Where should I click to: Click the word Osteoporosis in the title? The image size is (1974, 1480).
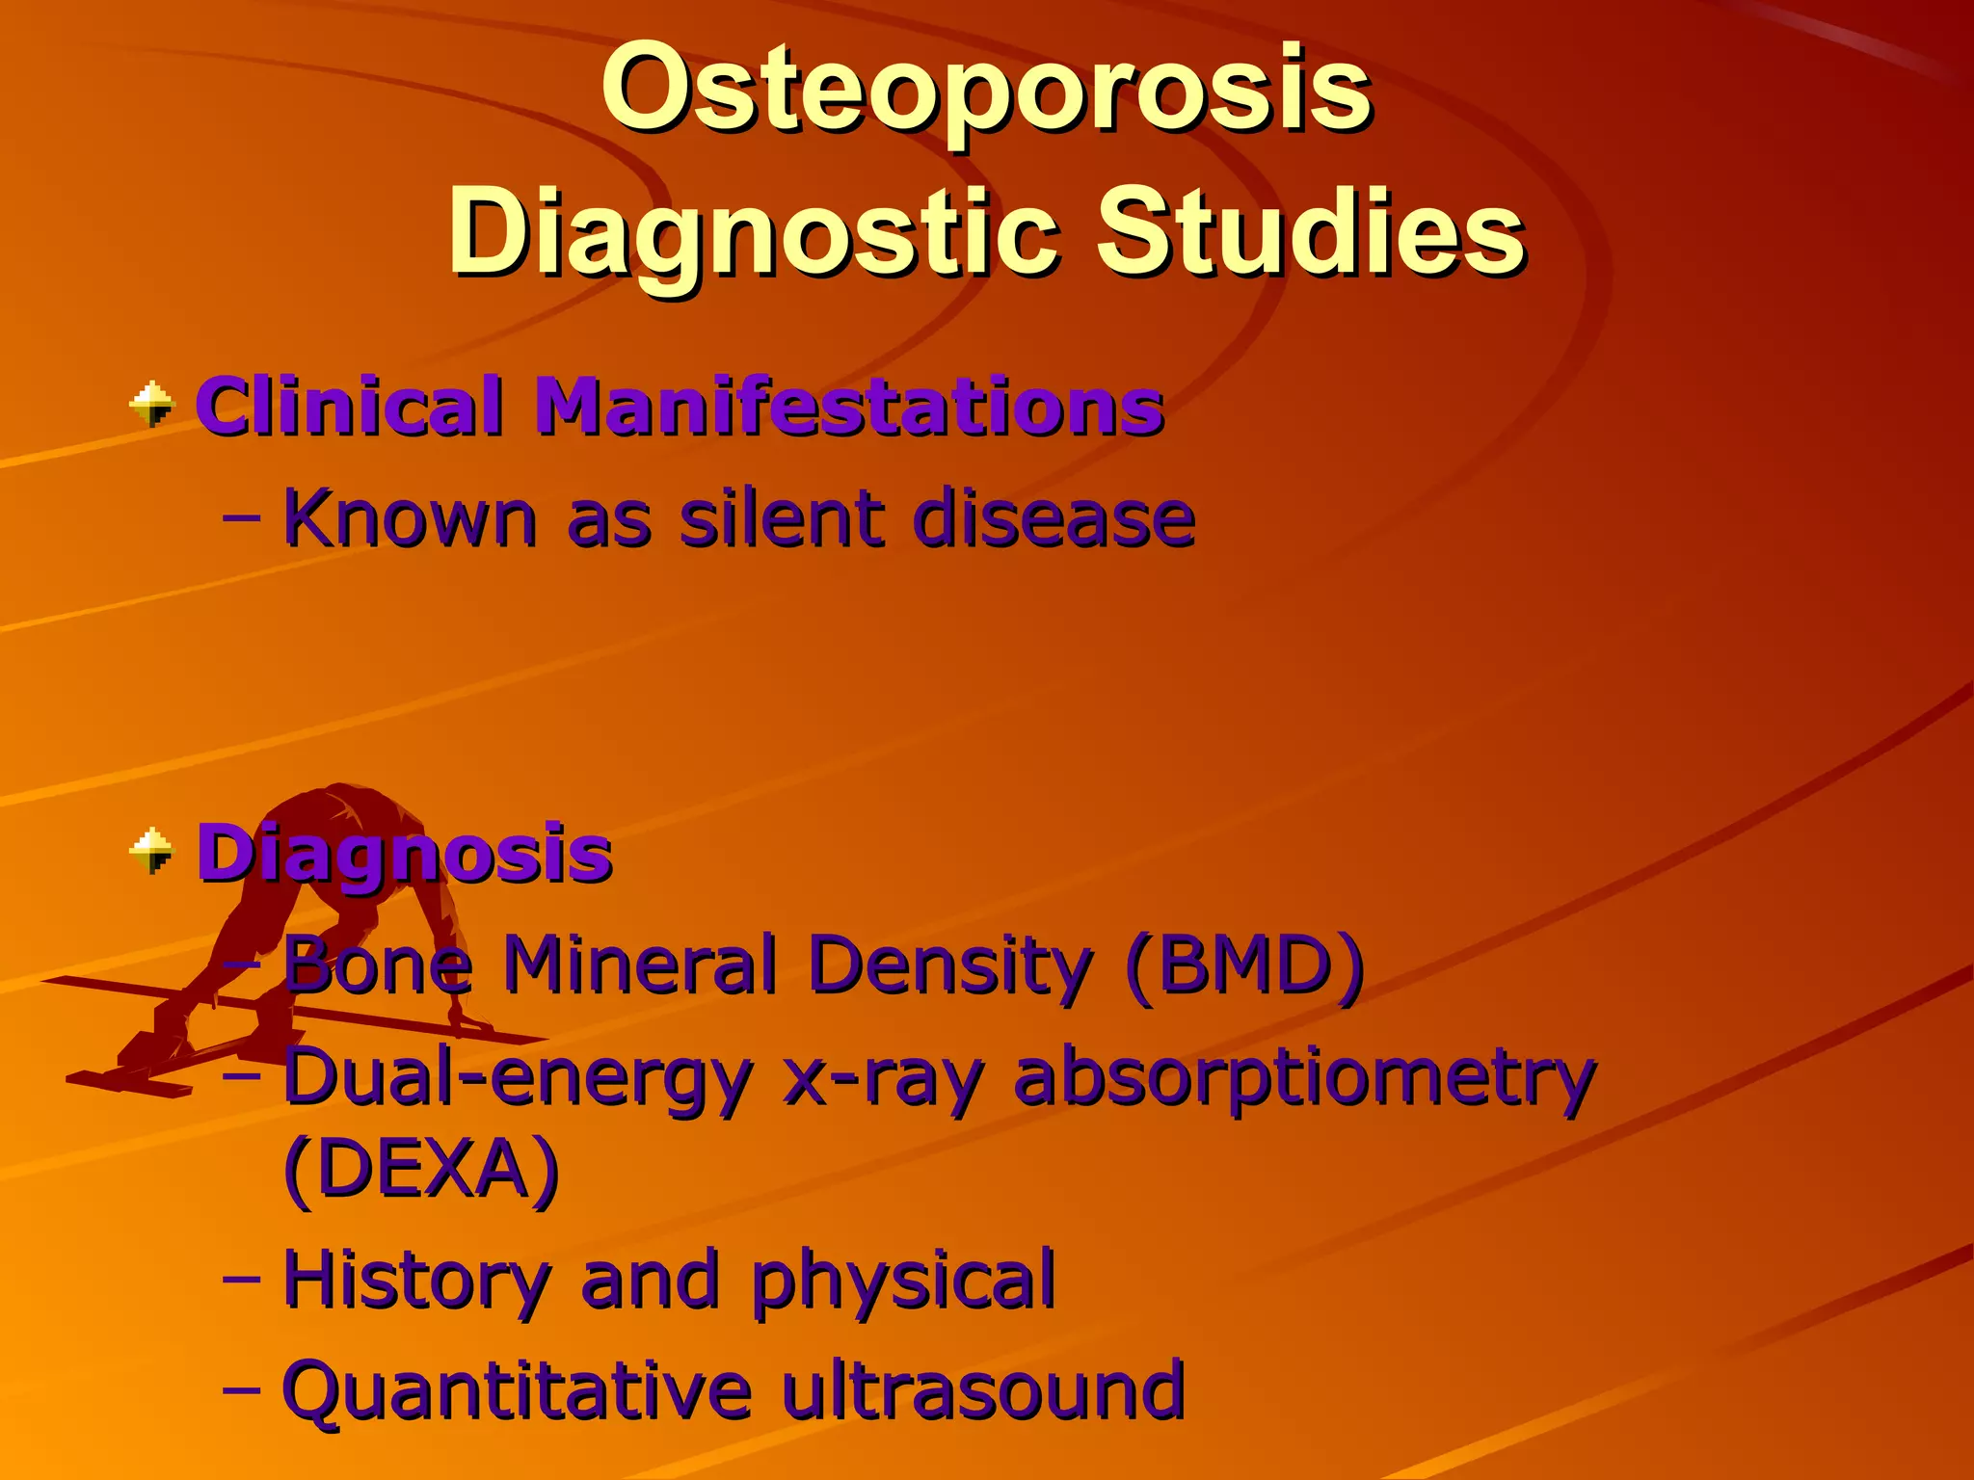click(x=985, y=92)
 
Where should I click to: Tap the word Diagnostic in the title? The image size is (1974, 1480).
click(x=751, y=234)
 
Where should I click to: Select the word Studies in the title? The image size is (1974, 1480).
click(x=1310, y=234)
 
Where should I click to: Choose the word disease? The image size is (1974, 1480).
click(x=1054, y=519)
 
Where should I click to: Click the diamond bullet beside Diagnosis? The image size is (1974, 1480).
click(x=152, y=851)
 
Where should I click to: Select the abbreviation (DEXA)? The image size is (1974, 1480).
click(x=421, y=1169)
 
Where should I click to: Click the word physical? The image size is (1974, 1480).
click(x=903, y=1282)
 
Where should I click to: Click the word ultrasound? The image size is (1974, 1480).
click(x=982, y=1390)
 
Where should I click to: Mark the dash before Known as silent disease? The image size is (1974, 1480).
click(x=241, y=518)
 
